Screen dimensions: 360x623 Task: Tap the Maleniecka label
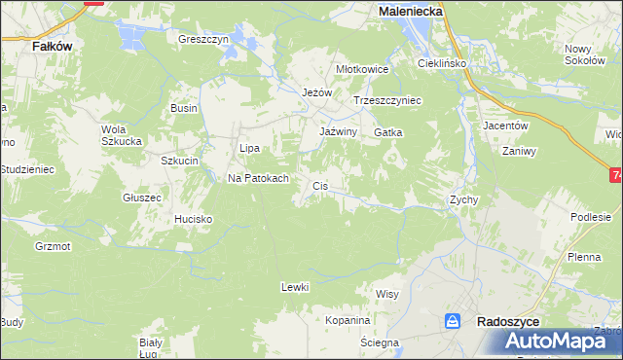[x=410, y=10]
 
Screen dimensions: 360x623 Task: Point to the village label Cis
[x=319, y=185]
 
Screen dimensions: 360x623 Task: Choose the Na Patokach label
[x=258, y=178]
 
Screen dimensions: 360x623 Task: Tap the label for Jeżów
[x=317, y=92]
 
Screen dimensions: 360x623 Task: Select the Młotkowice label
[x=362, y=69]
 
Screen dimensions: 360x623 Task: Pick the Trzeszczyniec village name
[x=386, y=100]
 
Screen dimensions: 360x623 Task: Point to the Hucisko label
[x=193, y=219]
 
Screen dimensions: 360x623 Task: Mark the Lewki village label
[x=294, y=286]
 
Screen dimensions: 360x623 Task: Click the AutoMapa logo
[x=556, y=341]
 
